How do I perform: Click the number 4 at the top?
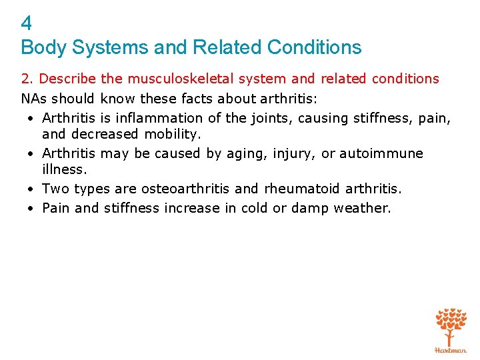27,24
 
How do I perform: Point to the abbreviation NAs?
34,99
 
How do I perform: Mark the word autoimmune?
381,153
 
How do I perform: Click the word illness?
64,169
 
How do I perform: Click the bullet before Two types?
31,189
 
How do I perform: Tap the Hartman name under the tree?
451,349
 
